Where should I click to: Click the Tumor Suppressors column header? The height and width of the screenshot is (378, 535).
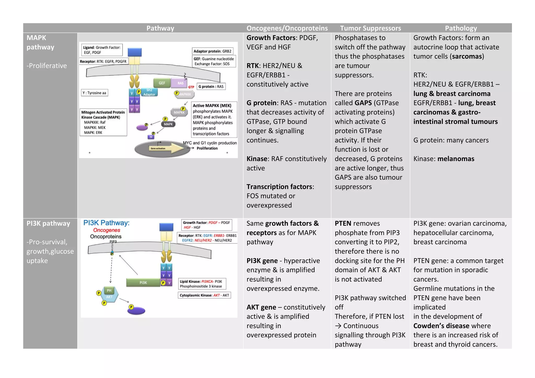tap(370, 28)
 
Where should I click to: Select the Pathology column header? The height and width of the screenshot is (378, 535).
tap(461, 28)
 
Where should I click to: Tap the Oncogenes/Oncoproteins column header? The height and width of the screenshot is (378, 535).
tap(287, 28)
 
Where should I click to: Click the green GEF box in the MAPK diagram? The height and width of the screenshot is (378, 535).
tap(162, 83)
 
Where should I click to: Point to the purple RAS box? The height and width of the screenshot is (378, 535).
tap(181, 83)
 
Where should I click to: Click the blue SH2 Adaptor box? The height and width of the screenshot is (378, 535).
tap(149, 92)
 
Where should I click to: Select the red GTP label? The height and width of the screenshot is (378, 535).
tap(191, 87)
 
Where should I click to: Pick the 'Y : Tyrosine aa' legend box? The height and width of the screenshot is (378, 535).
tap(94, 93)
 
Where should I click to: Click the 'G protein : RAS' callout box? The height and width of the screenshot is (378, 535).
tap(211, 87)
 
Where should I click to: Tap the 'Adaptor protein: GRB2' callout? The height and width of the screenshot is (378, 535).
tap(212, 51)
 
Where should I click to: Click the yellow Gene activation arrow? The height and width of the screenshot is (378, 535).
tap(167, 148)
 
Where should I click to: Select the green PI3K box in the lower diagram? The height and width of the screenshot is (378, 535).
tap(143, 282)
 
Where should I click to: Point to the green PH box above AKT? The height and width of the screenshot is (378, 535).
tap(109, 290)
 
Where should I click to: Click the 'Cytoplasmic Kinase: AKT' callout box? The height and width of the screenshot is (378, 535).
tap(204, 295)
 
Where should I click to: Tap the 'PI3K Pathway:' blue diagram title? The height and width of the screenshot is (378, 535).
tap(106, 223)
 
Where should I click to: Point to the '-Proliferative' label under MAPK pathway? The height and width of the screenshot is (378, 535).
tap(46, 66)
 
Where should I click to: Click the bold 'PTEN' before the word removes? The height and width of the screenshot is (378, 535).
tap(343, 223)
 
